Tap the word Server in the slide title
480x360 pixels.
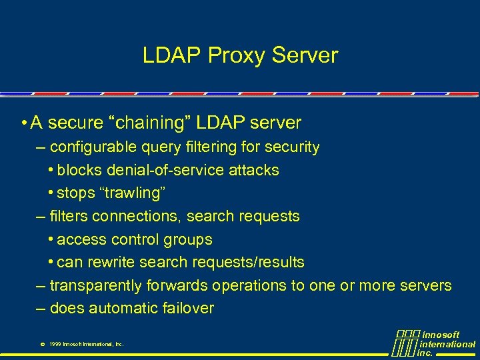point(308,55)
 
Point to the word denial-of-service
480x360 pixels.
point(163,170)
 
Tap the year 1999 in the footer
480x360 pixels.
point(55,345)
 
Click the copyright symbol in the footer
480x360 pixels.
point(42,345)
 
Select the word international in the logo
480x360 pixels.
point(447,344)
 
